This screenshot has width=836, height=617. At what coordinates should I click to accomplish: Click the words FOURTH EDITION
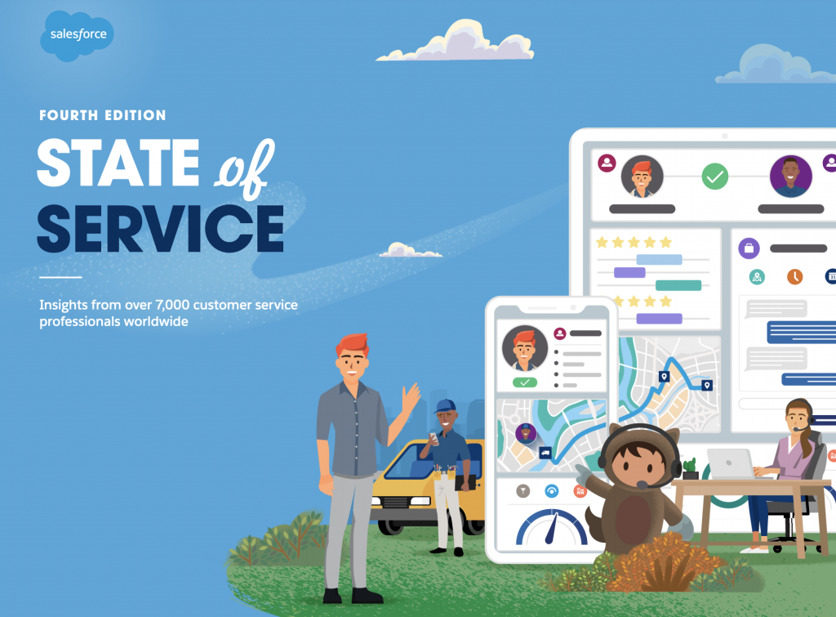(x=103, y=115)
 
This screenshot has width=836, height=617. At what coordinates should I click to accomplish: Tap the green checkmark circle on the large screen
(x=715, y=176)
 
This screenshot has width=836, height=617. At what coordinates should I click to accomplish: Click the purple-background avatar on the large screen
(x=790, y=176)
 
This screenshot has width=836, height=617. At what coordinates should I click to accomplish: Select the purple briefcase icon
(x=748, y=248)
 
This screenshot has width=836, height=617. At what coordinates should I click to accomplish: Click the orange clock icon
(x=794, y=276)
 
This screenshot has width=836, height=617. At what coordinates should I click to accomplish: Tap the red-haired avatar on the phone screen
(x=524, y=347)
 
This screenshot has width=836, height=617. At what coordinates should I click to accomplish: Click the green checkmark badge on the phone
(x=524, y=382)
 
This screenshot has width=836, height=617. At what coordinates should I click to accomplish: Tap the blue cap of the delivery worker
(x=445, y=405)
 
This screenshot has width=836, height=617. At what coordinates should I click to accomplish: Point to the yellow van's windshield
(x=406, y=462)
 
